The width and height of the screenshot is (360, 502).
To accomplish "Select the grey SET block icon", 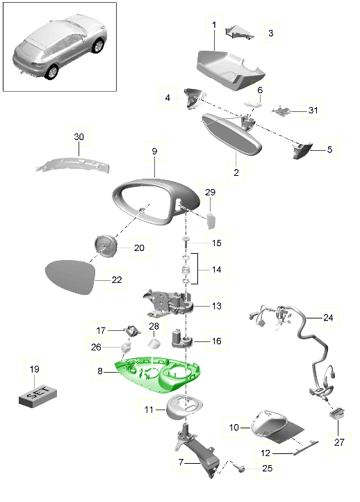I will (34, 397).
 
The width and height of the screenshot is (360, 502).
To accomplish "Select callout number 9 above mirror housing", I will (154, 151).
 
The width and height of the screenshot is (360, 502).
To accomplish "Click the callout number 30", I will (78, 137).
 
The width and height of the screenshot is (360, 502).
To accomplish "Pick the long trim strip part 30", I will (73, 164).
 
